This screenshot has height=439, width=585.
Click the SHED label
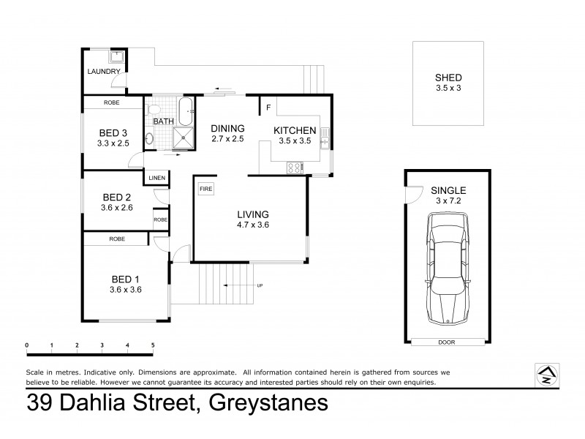pos(448,78)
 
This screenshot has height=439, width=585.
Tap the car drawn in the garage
pos(447,269)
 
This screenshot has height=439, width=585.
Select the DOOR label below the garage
pos(447,341)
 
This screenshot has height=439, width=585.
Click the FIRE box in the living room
pos(205,189)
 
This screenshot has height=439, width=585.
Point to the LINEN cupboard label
pos(156,179)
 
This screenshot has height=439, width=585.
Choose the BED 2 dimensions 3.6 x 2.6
pos(117,208)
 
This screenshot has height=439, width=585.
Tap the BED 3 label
pos(113,132)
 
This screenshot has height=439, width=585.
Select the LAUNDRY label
pos(102,72)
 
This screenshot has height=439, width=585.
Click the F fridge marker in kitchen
pos(268,108)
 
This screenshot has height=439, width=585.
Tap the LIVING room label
pos(253,214)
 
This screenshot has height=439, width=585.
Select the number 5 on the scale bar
pos(152,345)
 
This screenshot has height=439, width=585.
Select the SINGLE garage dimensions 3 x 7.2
pos(448,200)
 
